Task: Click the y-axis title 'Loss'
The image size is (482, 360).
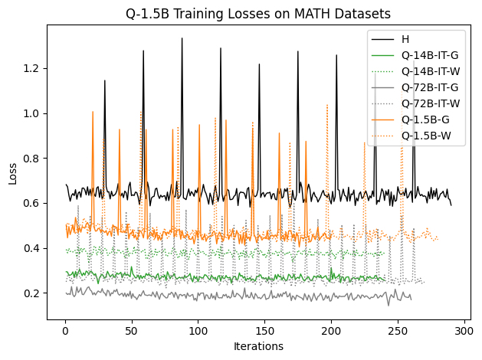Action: (12, 172)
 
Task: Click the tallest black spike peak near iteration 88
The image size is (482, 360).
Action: (182, 38)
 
